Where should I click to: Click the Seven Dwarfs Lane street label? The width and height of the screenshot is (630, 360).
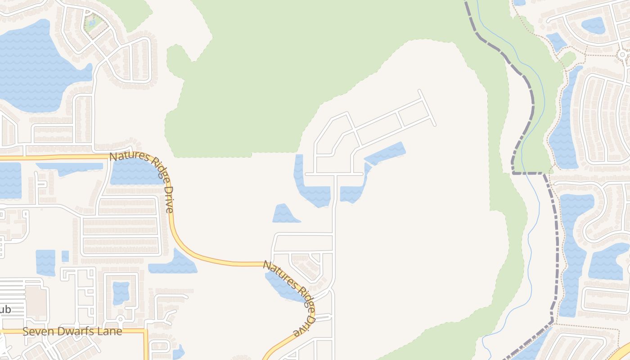[x=72, y=332]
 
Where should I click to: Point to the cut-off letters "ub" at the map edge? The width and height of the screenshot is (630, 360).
[x=5, y=310]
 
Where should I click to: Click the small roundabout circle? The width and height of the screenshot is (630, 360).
[x=622, y=54]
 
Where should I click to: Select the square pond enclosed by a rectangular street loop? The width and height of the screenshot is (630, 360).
[x=121, y=292]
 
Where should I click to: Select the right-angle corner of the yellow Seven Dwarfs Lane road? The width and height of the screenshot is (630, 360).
[x=145, y=332]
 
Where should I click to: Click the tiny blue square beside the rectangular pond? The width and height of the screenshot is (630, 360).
[x=65, y=256]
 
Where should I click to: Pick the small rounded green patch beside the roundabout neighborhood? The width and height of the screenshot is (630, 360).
[x=568, y=58]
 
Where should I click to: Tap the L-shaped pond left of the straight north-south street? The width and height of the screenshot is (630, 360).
[x=310, y=189]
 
